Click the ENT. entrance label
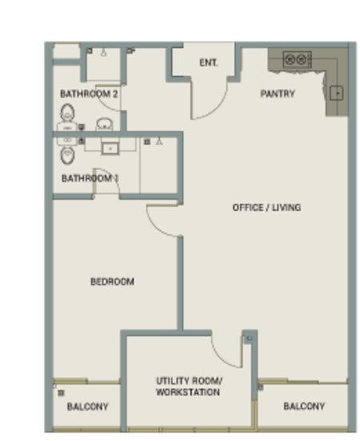208,63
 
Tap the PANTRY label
277,94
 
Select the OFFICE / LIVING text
267,208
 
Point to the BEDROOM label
112,281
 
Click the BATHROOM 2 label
89,94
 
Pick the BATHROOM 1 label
90,178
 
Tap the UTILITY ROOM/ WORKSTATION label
188,386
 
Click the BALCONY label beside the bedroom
87,407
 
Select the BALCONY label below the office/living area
305,407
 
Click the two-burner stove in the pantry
297,59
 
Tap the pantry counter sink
337,93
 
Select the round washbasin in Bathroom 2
104,124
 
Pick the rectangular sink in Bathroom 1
111,148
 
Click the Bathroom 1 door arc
112,174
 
